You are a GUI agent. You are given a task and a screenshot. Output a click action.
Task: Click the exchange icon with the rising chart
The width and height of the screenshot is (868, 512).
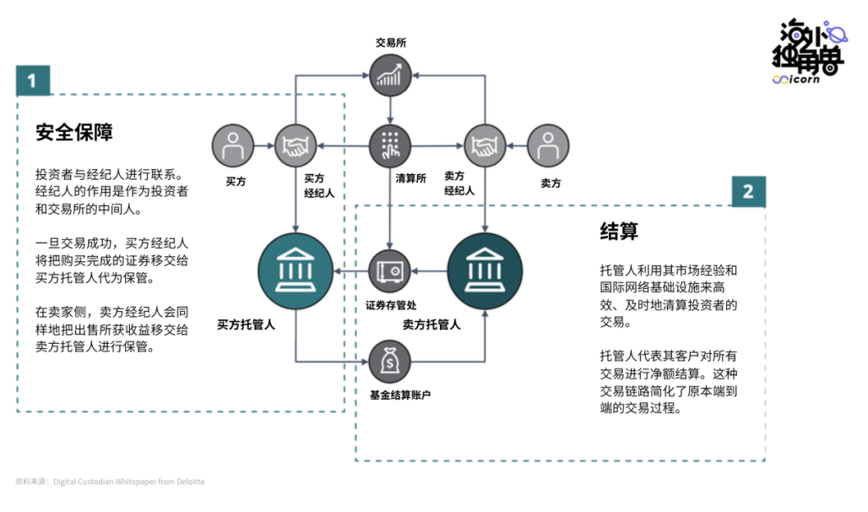[x=390, y=75]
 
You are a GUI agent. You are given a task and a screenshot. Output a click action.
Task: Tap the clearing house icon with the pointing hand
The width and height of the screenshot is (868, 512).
[x=390, y=145]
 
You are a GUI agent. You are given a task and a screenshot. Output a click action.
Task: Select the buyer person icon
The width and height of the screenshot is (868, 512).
[x=233, y=145]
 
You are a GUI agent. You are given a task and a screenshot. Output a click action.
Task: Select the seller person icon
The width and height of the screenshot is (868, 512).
[x=548, y=145]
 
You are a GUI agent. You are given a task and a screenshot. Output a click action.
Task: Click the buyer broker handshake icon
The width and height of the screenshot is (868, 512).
[x=296, y=145]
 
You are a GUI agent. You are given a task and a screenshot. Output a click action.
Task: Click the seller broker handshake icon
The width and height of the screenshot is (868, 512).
[x=485, y=145]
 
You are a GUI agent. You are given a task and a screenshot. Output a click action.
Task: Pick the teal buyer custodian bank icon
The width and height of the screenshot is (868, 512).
[x=296, y=271]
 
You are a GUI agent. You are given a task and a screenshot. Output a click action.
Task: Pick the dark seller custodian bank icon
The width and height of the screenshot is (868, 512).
[x=485, y=271]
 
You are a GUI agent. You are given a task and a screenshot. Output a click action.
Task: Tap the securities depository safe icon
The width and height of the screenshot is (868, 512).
[x=390, y=271]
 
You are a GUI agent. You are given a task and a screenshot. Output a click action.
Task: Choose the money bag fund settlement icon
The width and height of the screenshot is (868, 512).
[x=390, y=362]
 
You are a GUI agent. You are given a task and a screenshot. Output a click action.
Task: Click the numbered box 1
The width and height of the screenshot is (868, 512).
[x=33, y=80]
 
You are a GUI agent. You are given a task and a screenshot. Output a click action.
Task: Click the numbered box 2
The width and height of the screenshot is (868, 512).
[x=748, y=191]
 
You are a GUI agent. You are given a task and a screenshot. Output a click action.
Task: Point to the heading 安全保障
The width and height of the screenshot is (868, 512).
[x=74, y=133]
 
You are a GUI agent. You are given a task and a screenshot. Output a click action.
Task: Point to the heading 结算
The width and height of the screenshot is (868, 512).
[x=619, y=231]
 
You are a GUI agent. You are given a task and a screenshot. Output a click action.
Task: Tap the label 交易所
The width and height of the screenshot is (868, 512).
[x=391, y=42]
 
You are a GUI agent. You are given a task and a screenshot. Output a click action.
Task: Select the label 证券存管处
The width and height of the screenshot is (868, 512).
[x=391, y=305]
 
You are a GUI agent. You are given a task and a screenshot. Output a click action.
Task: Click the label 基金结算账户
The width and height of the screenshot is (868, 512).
[x=400, y=395]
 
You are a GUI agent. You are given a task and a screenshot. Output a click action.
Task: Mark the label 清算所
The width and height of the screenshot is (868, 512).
[x=410, y=178]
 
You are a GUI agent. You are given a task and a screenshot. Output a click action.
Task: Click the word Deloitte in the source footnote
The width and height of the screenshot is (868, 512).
[x=191, y=482]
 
